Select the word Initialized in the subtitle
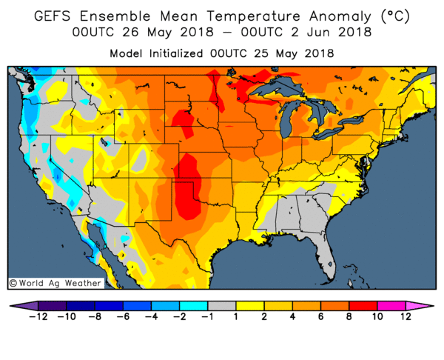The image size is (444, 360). point(209,53)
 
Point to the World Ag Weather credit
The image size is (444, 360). point(44,282)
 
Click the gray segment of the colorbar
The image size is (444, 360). point(221,304)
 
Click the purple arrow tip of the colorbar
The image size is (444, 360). point(18,304)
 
